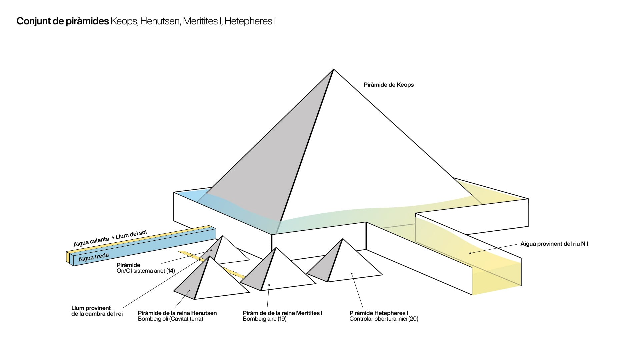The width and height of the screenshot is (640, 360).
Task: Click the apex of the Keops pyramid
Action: click(x=333, y=69)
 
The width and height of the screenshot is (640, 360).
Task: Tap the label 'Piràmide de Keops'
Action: click(x=389, y=85)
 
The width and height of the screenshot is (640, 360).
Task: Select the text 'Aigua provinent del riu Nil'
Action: click(x=554, y=244)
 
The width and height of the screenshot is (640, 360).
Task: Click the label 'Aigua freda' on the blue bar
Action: click(x=94, y=257)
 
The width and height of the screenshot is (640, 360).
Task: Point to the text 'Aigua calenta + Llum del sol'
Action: click(x=110, y=238)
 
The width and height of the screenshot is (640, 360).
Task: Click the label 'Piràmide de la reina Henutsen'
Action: click(x=177, y=313)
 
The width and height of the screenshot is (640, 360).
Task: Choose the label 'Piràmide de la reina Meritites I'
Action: click(x=283, y=313)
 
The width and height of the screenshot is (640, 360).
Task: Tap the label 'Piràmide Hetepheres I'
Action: click(x=379, y=313)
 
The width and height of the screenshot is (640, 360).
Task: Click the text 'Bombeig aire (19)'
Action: click(x=265, y=319)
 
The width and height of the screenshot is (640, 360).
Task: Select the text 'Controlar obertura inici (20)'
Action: click(x=384, y=319)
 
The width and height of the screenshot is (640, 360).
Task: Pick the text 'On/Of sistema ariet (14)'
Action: click(x=146, y=271)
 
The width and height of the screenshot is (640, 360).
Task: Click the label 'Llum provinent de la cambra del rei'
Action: click(x=97, y=311)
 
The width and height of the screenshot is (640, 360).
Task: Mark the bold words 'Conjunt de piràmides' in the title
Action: click(x=63, y=21)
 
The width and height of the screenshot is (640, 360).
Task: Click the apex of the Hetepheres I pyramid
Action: click(x=342, y=239)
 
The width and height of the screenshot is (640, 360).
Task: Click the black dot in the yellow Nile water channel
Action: click(x=470, y=253)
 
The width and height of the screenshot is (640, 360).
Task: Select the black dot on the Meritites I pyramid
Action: click(x=269, y=285)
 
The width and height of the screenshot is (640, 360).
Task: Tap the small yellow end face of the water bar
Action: click(x=68, y=257)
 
